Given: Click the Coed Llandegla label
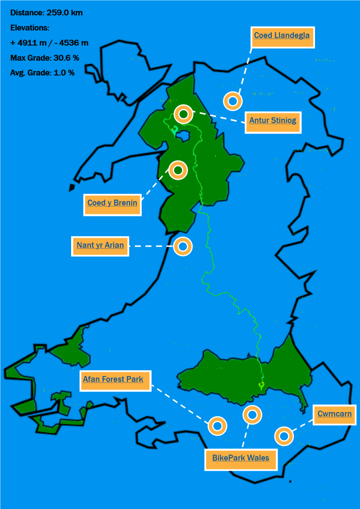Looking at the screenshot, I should [282, 35].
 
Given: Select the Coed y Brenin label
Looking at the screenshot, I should [112, 203].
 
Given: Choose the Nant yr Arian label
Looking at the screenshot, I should [100, 246].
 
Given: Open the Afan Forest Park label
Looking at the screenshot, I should [113, 379].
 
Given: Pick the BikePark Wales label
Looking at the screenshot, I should [240, 458].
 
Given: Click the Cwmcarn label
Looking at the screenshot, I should [334, 414].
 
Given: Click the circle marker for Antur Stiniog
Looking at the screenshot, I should [183, 114].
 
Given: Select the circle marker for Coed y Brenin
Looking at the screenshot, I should [178, 170].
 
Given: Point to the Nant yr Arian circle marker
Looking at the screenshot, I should [183, 246].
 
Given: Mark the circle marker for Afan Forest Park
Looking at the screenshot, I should [217, 425].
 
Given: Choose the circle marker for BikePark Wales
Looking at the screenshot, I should [252, 415].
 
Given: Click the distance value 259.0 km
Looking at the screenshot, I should [65, 13].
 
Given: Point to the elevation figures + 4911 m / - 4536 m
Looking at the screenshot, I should [49, 43].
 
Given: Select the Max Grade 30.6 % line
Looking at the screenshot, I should [45, 58].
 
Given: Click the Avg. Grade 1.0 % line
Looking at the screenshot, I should [42, 72].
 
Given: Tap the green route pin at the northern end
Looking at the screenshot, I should [175, 129].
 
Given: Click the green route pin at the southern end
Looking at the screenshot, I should [261, 385].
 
